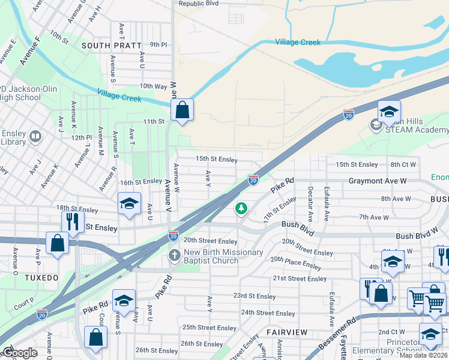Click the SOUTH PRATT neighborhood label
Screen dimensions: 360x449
(112, 45)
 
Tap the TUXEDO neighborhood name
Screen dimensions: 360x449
(42, 278)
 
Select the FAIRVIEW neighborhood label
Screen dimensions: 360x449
(287, 332)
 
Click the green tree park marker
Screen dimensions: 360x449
(241, 208)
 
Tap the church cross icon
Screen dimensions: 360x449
(174, 256)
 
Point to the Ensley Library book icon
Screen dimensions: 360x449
(35, 137)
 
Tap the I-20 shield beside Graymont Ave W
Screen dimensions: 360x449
(253, 179)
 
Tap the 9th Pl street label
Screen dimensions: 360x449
(158, 44)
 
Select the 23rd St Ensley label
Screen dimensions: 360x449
(255, 296)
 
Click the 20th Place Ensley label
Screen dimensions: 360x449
(295, 262)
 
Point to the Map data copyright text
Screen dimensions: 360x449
(423, 355)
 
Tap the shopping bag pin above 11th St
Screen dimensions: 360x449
(182, 110)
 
